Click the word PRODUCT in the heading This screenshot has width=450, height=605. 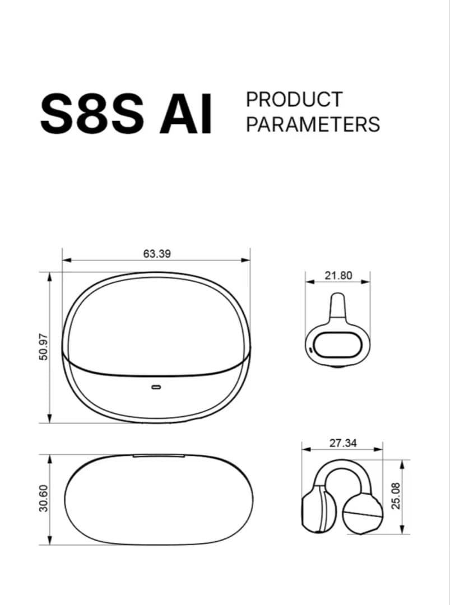point(294,99)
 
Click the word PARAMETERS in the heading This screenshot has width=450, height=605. point(313,124)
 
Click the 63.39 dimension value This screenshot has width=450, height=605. point(157,254)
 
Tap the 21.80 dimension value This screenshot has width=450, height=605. point(338,276)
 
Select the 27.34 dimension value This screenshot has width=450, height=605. point(343,443)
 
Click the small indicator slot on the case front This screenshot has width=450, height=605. point(156,387)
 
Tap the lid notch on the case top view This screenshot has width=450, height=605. point(159,456)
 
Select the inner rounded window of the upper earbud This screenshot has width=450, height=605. point(336,344)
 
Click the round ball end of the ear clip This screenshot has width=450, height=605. point(363,514)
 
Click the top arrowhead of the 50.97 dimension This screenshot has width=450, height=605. point(50,276)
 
